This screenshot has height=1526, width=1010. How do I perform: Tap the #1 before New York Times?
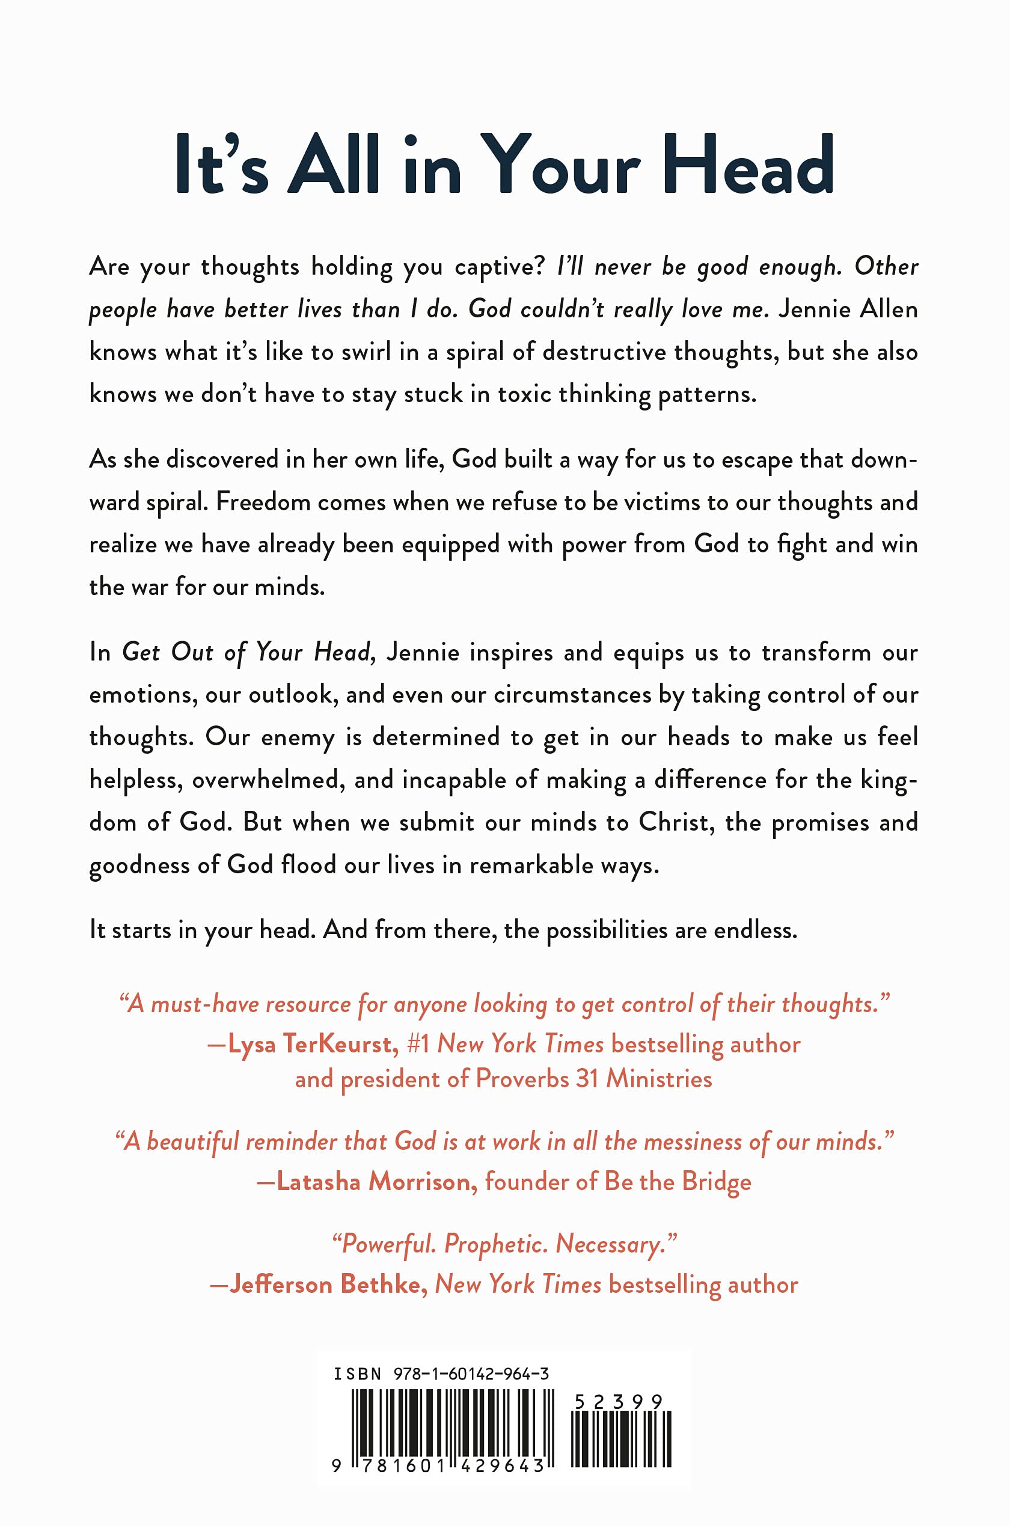418,1044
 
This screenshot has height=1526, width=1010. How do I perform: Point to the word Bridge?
716,1182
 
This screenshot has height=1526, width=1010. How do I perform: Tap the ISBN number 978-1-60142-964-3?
471,1373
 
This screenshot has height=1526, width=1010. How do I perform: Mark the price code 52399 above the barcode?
619,1402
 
